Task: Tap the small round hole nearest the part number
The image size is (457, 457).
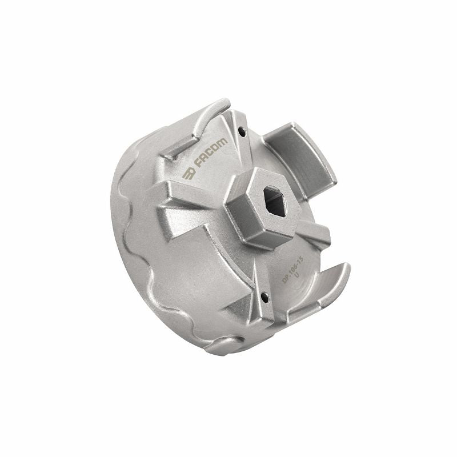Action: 264,297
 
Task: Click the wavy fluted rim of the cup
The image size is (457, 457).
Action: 129,240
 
